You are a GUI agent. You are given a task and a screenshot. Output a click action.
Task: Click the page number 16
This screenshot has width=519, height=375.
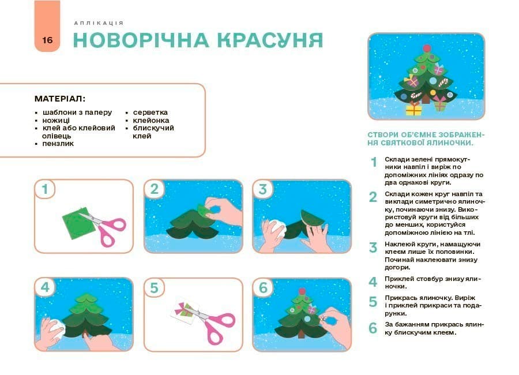(47, 40)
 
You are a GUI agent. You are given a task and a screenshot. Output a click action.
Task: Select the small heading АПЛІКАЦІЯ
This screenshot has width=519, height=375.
(99, 23)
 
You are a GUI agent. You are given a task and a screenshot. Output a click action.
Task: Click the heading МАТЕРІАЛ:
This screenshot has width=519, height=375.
(60, 99)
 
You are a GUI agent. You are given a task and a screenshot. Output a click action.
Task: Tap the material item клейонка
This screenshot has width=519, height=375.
(151, 120)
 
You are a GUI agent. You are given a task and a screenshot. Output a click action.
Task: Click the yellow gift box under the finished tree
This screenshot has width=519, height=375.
(413, 108)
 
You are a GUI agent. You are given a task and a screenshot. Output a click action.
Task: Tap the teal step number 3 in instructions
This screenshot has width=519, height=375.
(373, 248)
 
